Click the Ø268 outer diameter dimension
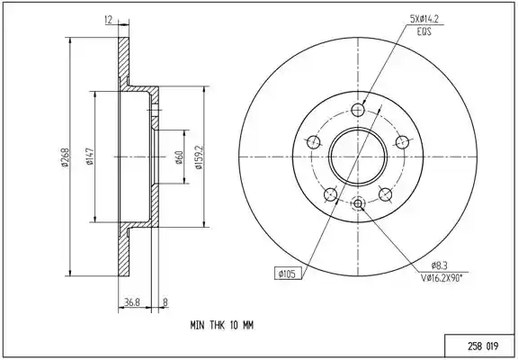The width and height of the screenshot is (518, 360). pos(64,157)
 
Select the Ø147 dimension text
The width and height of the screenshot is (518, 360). pos(90,157)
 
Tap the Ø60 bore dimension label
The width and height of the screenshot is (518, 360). pos(179,157)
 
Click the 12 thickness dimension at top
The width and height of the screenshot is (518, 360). pos(109,20)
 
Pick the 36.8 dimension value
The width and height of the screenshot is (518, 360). pos(132,302)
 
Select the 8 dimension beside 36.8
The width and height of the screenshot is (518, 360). pos(165,302)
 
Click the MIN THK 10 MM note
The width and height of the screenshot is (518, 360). pos(221,325)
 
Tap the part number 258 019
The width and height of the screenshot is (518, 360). pos(483,346)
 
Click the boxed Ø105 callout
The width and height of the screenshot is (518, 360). pos(288,274)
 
